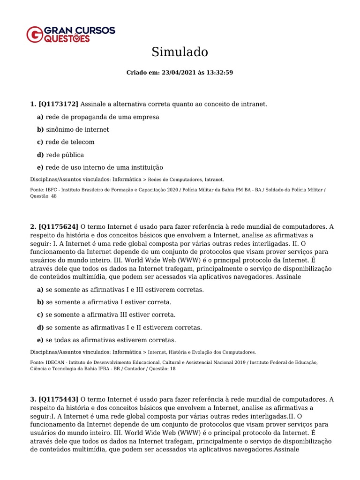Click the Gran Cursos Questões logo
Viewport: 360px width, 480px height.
pyautogui.click(x=71, y=34)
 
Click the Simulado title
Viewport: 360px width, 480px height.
pyautogui.click(x=180, y=52)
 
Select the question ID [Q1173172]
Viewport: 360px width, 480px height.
pyautogui.click(x=59, y=104)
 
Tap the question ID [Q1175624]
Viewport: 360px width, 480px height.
pyautogui.click(x=59, y=227)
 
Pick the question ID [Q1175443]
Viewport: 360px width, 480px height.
pyautogui.click(x=59, y=399)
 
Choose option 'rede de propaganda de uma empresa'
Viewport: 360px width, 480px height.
pyautogui.click(x=102, y=117)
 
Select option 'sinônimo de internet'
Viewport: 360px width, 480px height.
pyautogui.click(x=77, y=129)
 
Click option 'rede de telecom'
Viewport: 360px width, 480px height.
pyautogui.click(x=70, y=142)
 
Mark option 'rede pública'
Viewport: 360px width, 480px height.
pyautogui.click(x=65, y=155)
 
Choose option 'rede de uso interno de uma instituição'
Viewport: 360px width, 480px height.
pyautogui.click(x=104, y=167)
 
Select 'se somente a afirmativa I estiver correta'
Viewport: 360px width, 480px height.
pyautogui.click(x=108, y=302)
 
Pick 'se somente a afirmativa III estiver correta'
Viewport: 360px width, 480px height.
pyautogui.click(x=110, y=315)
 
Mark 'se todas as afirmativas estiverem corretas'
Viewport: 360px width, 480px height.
pyautogui.click(x=111, y=340)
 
